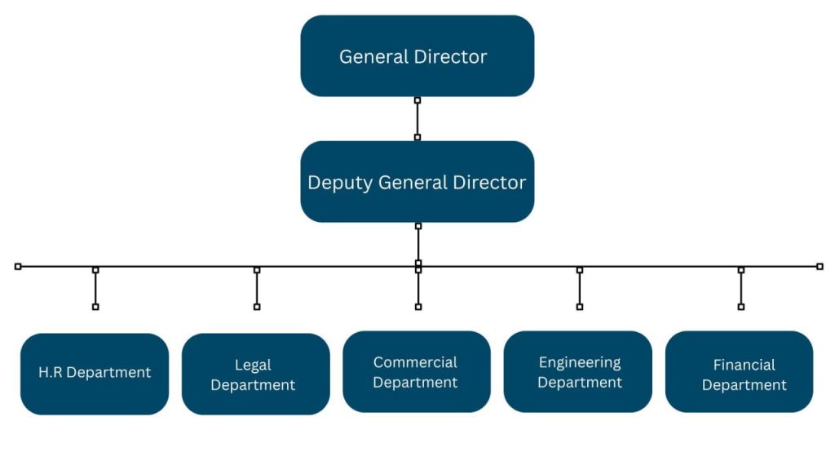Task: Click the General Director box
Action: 417,55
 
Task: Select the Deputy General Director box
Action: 417,181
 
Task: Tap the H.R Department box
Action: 95,373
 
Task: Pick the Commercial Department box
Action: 416,371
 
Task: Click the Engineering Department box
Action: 578,371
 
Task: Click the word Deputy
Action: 340,182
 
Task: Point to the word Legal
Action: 253,365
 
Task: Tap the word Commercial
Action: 415,361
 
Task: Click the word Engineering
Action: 580,361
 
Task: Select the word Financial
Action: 744,364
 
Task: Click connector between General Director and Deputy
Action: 417,118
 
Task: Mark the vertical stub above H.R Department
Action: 95,288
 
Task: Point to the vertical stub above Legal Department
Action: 257,288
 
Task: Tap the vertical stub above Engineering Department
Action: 580,288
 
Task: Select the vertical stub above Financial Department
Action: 741,288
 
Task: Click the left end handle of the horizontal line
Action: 18,266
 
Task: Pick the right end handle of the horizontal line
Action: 820,266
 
